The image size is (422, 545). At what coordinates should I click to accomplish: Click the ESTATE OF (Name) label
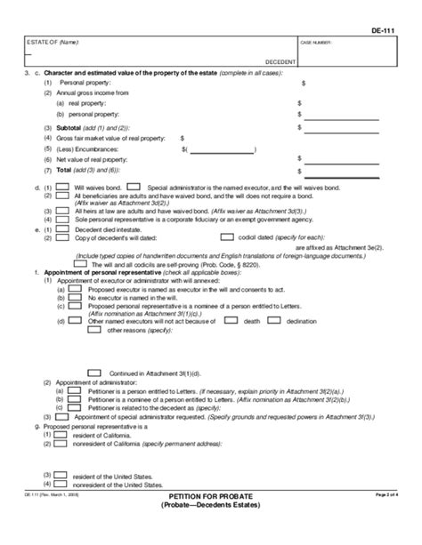[x=44, y=42]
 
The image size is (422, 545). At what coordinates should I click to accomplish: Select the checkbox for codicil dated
[x=226, y=237]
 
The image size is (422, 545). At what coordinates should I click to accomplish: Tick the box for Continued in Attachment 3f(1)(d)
[x=93, y=372]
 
